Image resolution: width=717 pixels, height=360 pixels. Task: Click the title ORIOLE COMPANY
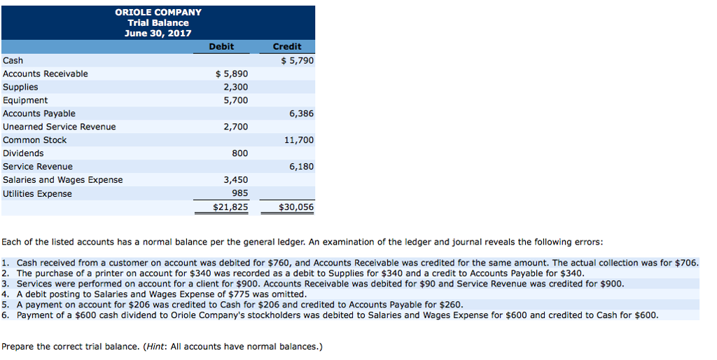pyautogui.click(x=158, y=12)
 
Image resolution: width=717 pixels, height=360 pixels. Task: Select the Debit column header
pyautogui.click(x=221, y=46)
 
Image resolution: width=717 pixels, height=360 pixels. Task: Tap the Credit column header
pyautogui.click(x=287, y=46)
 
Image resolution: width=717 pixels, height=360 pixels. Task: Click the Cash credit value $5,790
pyautogui.click(x=297, y=60)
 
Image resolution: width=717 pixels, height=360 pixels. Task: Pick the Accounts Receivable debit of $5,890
pyautogui.click(x=231, y=74)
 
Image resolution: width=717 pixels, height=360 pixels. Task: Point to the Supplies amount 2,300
pyautogui.click(x=235, y=87)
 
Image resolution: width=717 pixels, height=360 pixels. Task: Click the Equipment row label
pyautogui.click(x=25, y=100)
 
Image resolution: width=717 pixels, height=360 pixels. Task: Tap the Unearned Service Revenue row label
pyautogui.click(x=60, y=127)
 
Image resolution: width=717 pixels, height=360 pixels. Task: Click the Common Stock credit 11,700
pyautogui.click(x=299, y=140)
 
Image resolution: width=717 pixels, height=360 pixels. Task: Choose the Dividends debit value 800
pyautogui.click(x=239, y=153)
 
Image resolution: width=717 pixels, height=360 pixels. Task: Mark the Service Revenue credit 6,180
pyautogui.click(x=301, y=167)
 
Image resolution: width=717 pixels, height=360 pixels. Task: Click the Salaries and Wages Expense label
pyautogui.click(x=62, y=180)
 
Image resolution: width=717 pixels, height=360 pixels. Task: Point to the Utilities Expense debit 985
pyautogui.click(x=239, y=194)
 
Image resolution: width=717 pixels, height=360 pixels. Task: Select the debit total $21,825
pyautogui.click(x=230, y=207)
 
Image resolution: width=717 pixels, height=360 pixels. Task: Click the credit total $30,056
pyautogui.click(x=296, y=207)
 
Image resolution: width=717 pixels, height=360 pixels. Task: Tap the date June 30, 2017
pyautogui.click(x=158, y=33)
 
